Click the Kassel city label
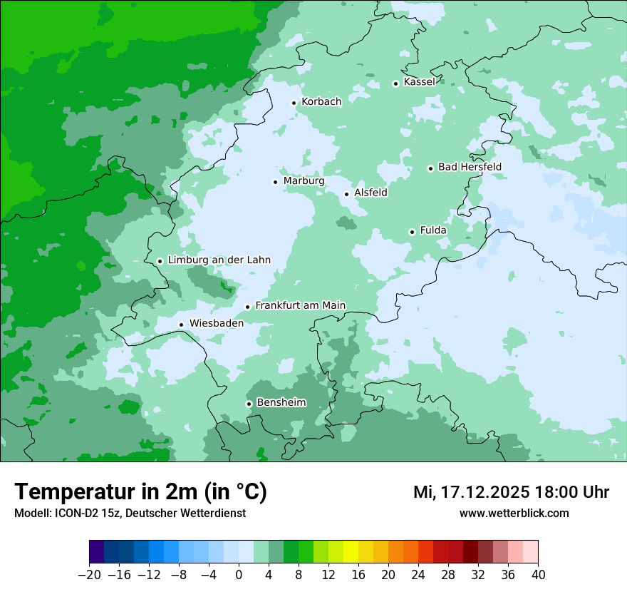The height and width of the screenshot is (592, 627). tap(419, 82)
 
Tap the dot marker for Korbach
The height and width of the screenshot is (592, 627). tap(294, 103)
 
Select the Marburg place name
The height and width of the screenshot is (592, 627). tap(304, 181)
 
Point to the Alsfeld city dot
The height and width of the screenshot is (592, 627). tap(347, 194)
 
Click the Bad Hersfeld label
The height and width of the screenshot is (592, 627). tap(470, 167)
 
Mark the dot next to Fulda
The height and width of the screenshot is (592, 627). tap(412, 232)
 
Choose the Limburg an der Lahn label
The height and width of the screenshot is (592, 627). tap(219, 260)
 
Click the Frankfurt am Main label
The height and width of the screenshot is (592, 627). tap(300, 305)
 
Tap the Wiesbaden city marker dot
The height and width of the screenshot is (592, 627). tap(182, 325)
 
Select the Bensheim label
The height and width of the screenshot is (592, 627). tap(281, 402)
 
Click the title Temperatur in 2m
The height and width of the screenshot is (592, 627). tap(140, 492)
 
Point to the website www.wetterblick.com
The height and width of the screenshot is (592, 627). tap(514, 514)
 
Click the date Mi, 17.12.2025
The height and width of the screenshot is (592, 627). tap(471, 492)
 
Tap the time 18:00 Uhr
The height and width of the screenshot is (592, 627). tap(571, 492)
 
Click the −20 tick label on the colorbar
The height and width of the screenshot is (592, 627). tap(89, 575)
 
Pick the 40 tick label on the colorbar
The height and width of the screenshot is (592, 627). tap(538, 575)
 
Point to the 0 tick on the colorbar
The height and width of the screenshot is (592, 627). tap(239, 575)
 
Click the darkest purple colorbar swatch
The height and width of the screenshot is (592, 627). tap(96, 552)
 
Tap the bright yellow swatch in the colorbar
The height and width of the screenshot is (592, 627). tap(351, 552)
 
